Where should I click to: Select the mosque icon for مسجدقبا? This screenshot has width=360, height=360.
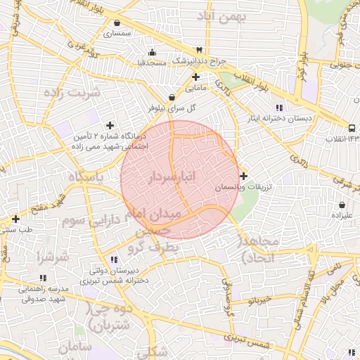[153, 52]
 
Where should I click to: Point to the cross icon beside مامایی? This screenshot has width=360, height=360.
[195, 77]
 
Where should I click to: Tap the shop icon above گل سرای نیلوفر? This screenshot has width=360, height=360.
[172, 98]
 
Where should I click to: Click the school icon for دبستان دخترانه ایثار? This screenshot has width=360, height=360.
[279, 108]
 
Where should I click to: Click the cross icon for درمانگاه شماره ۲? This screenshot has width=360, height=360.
[110, 125]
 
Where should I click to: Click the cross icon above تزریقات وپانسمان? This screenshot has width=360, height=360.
[243, 176]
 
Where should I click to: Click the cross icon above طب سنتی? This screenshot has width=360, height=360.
[15, 219]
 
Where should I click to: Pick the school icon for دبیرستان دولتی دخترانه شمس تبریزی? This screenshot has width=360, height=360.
[113, 259]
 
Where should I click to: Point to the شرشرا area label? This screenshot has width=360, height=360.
[53, 257]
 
